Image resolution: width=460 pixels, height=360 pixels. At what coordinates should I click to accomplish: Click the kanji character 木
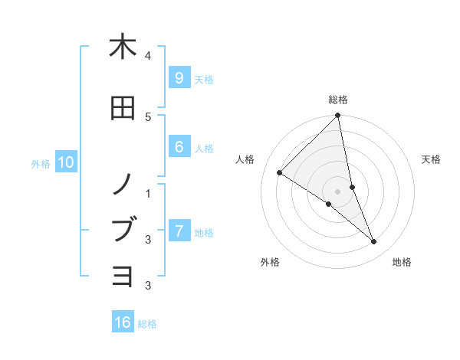pyautogui.click(x=123, y=47)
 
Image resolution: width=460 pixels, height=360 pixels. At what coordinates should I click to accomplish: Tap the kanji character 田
pyautogui.click(x=123, y=109)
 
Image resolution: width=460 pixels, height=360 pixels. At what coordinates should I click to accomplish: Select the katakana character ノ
pyautogui.click(x=123, y=183)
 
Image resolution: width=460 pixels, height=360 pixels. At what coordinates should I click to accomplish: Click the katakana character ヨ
pyautogui.click(x=123, y=276)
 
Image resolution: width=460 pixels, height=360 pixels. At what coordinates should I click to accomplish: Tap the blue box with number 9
pyautogui.click(x=179, y=78)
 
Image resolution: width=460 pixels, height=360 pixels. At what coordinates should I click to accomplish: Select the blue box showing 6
pyautogui.click(x=179, y=147)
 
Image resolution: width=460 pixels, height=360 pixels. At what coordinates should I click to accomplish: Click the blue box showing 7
pyautogui.click(x=179, y=231)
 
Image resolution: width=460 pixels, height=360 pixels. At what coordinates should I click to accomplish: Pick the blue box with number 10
pyautogui.click(x=65, y=162)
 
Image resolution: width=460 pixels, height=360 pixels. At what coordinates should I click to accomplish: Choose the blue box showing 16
pyautogui.click(x=123, y=322)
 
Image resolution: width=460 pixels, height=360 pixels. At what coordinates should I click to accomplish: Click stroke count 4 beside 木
pyautogui.click(x=148, y=56)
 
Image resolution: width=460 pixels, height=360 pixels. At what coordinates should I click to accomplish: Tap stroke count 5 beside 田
pyautogui.click(x=148, y=116)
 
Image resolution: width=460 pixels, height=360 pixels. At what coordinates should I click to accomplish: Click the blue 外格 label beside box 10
pyautogui.click(x=40, y=163)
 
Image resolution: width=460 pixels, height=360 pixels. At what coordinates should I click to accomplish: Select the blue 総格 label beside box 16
pyautogui.click(x=147, y=324)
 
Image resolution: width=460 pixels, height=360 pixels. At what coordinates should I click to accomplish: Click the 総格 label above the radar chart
pyautogui.click(x=338, y=100)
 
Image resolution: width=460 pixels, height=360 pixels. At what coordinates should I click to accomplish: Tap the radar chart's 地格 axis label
pyautogui.click(x=402, y=262)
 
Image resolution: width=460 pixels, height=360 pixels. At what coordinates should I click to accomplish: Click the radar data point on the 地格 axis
pyautogui.click(x=374, y=242)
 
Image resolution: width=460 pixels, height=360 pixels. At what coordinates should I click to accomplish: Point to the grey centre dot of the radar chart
pyautogui.click(x=338, y=191)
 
